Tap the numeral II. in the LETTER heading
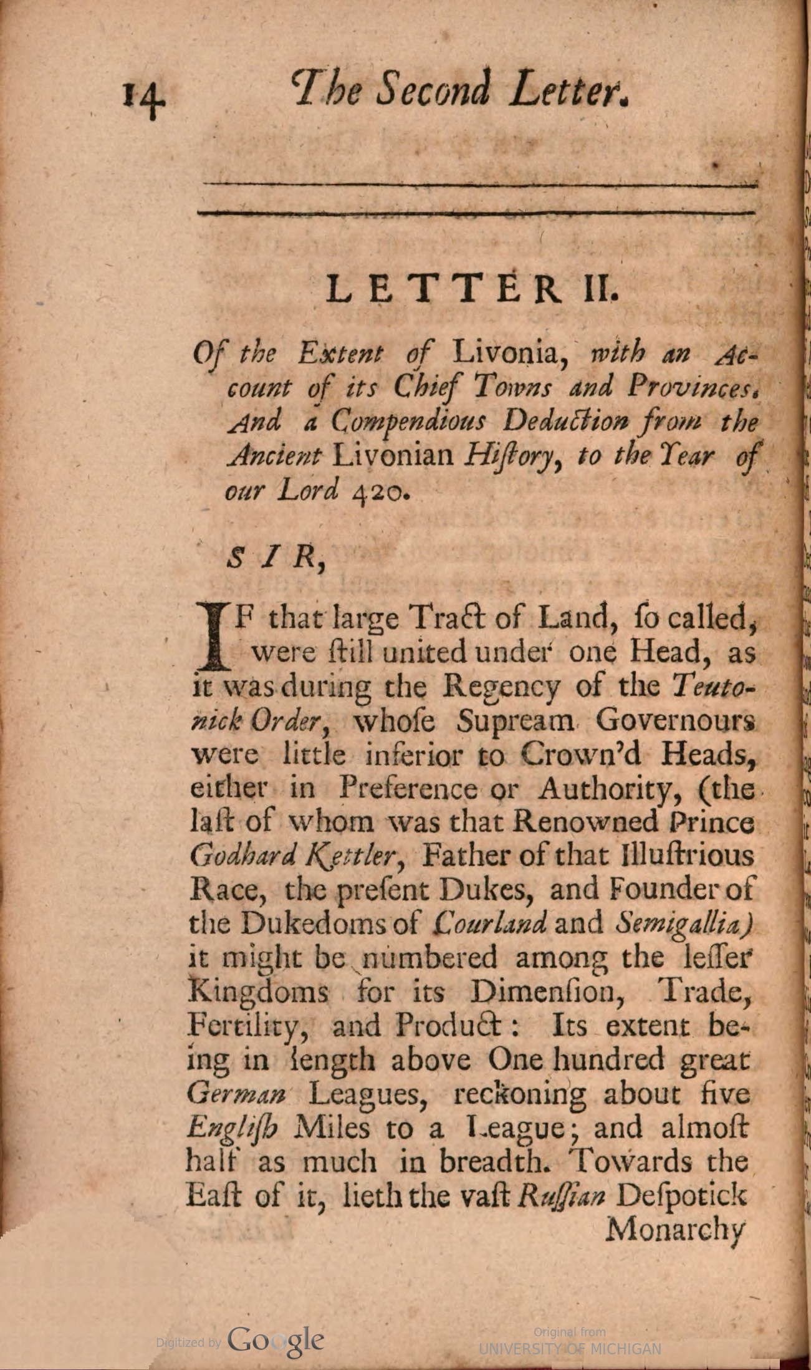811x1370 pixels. pos(599,289)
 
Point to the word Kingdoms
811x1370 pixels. pos(257,991)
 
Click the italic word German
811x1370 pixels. pos(236,1094)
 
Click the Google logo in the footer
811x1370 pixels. pos(275,1341)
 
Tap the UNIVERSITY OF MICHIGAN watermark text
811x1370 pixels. pos(570,1349)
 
